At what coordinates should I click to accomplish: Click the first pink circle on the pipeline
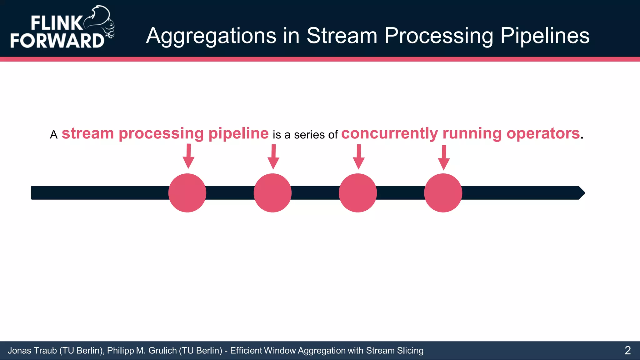[187, 193]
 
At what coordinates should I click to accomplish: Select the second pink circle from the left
[272, 193]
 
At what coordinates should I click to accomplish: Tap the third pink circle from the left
[358, 193]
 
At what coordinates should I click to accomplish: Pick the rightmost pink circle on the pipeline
[443, 193]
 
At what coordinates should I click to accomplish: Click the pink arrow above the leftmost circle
[188, 156]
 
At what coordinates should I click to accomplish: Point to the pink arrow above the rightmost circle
[444, 157]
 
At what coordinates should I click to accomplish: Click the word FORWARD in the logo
[57, 40]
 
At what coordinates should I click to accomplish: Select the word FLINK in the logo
[56, 23]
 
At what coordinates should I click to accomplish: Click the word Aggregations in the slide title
[211, 36]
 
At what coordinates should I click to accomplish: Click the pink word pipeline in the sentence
[238, 134]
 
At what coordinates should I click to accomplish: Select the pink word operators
[543, 134]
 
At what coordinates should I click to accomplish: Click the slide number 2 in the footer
[627, 350]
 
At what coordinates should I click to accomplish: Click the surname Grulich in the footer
[162, 351]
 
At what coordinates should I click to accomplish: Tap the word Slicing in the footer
[410, 351]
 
